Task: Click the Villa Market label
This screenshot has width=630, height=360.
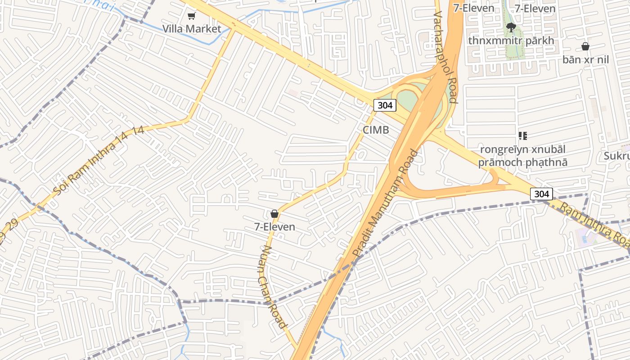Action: [x=192, y=29]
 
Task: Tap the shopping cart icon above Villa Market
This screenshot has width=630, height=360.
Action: [x=192, y=16]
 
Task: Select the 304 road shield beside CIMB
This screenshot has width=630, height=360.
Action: [x=385, y=106]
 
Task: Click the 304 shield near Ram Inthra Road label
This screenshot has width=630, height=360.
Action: [x=541, y=194]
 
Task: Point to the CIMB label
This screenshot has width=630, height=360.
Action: [x=376, y=130]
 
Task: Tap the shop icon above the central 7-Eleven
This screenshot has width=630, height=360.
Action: [x=274, y=214]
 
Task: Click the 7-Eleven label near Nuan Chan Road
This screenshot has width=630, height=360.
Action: [x=275, y=227]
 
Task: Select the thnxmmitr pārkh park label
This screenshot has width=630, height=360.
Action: [x=511, y=40]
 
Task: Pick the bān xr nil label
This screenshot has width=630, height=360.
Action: [x=585, y=59]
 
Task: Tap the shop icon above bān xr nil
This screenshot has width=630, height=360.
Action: [x=585, y=46]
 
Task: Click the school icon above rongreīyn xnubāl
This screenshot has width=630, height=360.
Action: [x=522, y=135]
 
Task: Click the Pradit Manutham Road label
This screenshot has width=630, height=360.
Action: [x=385, y=203]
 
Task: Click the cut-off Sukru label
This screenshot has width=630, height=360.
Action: [x=616, y=156]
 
